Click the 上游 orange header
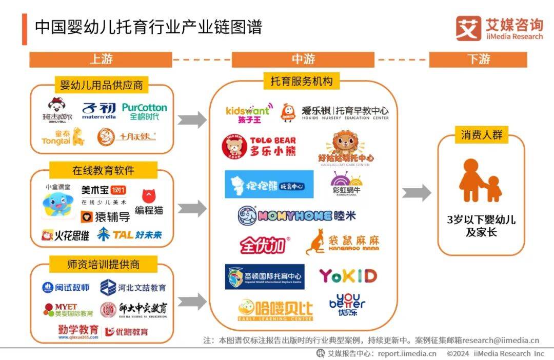(x=101, y=59)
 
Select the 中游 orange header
(x=303, y=59)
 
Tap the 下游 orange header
(x=478, y=59)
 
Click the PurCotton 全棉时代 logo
(x=145, y=111)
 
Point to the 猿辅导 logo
(x=105, y=216)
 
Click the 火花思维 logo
(x=66, y=235)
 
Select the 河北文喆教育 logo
(x=133, y=288)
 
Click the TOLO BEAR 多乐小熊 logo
(x=259, y=146)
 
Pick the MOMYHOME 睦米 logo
(x=296, y=216)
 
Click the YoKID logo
(x=348, y=276)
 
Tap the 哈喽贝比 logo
(x=275, y=310)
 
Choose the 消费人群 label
(x=481, y=135)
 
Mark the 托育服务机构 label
(x=302, y=81)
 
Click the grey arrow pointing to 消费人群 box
(x=417, y=193)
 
